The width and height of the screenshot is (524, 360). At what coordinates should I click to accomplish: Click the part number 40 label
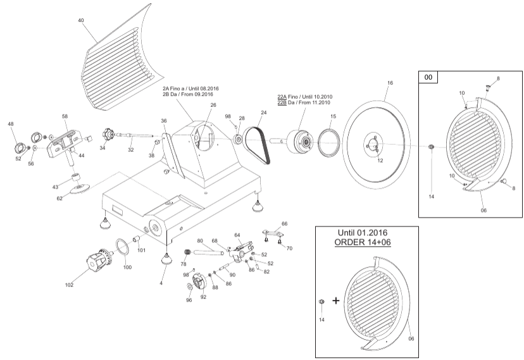[x=81, y=20]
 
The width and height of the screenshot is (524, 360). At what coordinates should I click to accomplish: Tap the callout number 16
[x=390, y=83]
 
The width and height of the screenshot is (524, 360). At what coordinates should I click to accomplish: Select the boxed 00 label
[x=428, y=77]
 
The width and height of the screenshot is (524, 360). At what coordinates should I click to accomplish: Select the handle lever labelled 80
[x=207, y=252]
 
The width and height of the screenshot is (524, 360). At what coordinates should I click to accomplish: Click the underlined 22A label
[x=282, y=97]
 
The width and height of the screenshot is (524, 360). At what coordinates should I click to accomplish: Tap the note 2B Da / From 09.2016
[x=188, y=94]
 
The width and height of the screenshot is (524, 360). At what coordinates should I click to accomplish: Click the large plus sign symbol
[x=335, y=301]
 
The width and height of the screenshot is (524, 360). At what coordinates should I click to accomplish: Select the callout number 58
[x=65, y=117]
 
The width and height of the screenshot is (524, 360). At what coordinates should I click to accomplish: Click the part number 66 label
[x=284, y=223]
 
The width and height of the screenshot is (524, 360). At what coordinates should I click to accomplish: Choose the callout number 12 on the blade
[x=380, y=161]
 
